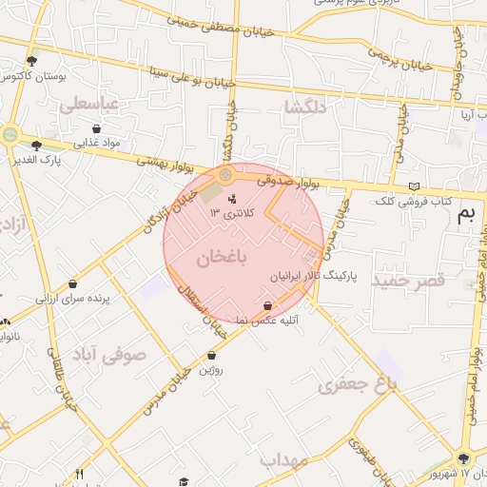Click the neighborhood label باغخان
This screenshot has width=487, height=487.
[x=223, y=258]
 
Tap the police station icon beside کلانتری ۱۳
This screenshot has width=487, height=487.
[x=233, y=199]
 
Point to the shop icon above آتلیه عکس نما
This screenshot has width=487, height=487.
[x=267, y=305]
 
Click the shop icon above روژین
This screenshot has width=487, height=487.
[x=211, y=355]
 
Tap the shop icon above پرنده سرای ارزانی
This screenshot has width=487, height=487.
[x=73, y=283]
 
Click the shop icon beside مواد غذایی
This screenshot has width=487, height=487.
[x=96, y=128]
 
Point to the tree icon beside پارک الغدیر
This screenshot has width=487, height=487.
[x=36, y=146]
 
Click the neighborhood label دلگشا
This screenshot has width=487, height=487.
[x=305, y=107]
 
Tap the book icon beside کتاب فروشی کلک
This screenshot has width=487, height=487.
[x=411, y=185]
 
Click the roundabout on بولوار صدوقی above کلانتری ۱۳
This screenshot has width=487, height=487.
[x=225, y=176]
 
